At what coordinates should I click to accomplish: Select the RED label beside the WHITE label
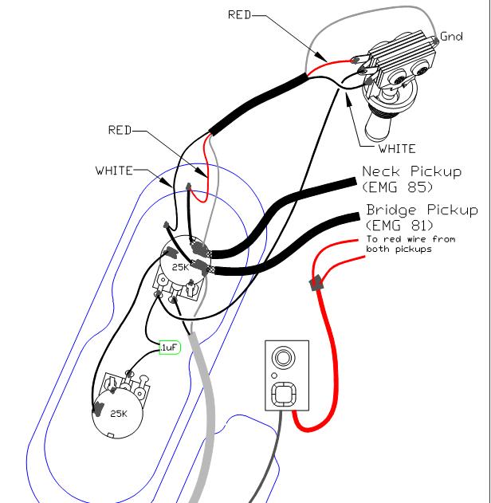click(x=123, y=131)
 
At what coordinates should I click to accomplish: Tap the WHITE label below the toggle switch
click(x=396, y=148)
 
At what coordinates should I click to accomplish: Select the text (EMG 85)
click(x=397, y=188)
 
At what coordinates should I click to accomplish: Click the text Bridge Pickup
click(x=422, y=210)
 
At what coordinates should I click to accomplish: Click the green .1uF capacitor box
click(x=169, y=348)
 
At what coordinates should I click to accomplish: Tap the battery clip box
click(x=285, y=375)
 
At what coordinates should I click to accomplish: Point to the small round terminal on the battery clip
click(x=283, y=355)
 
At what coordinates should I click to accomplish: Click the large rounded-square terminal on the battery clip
click(x=285, y=394)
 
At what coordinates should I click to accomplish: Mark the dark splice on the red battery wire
click(x=316, y=282)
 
